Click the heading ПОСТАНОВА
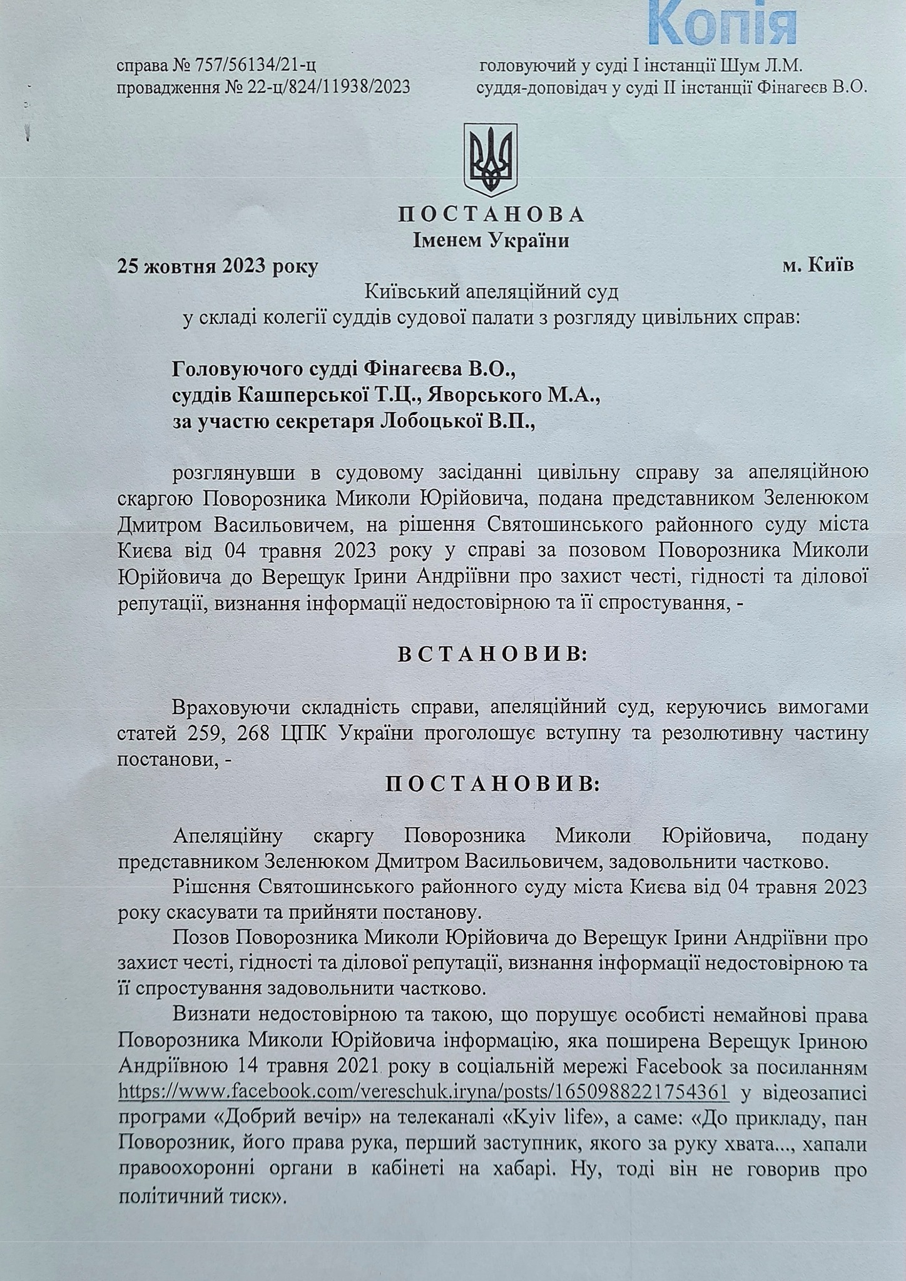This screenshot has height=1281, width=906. coord(491,215)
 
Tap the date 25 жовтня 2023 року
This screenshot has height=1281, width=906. coord(218,267)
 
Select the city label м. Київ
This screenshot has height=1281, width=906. coord(818,266)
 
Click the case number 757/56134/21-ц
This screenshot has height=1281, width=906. coord(267,65)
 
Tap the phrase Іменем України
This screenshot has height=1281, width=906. coord(491,241)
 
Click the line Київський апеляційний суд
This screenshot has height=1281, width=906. coord(491,292)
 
